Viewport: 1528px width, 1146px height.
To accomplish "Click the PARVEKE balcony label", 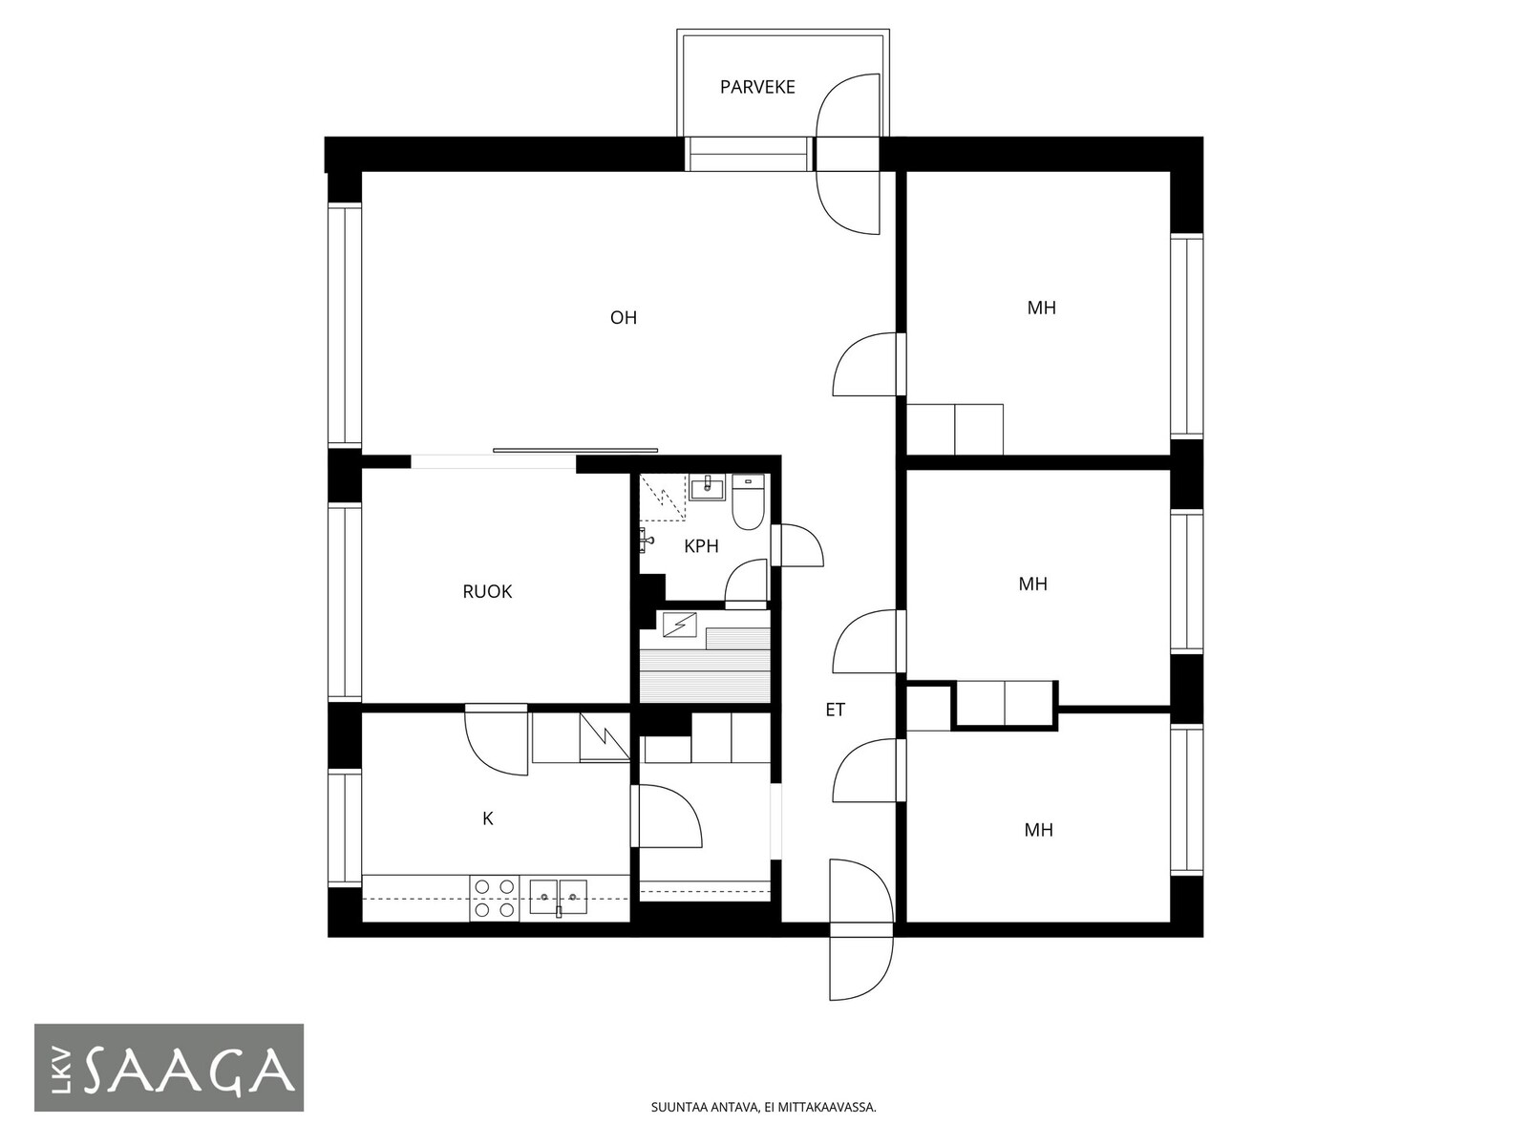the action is point(756,87).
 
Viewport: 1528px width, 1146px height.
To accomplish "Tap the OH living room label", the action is point(623,318).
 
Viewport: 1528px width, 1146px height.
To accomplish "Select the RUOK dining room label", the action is point(487,591).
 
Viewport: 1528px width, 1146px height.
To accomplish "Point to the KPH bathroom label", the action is point(701,546).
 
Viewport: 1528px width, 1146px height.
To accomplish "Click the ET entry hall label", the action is point(835,710).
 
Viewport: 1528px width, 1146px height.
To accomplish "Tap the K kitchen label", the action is point(487,819).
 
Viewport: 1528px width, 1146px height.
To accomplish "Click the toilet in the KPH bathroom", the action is point(749,501).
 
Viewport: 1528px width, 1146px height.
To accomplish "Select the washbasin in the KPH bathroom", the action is point(708,487).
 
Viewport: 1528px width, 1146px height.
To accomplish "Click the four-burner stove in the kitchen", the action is point(495,899).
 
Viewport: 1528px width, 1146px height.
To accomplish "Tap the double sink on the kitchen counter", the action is point(558,897).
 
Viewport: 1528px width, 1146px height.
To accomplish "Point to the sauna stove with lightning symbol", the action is point(679,625).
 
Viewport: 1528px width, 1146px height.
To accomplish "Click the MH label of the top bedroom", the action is point(1041,308).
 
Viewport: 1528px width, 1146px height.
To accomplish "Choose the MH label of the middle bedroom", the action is point(1032,584).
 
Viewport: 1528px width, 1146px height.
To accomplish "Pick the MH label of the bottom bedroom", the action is point(1038,829).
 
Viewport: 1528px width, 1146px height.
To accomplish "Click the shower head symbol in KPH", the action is point(647,540).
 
